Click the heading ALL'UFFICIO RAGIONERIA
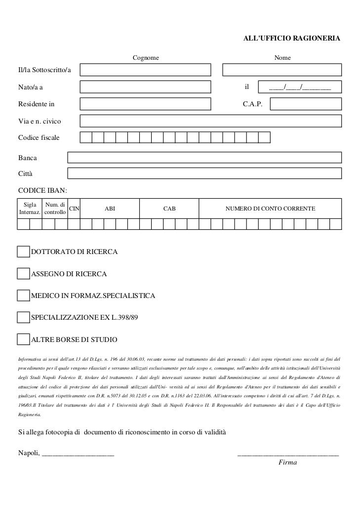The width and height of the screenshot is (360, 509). [x=292, y=38]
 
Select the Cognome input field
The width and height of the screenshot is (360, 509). [x=145, y=71]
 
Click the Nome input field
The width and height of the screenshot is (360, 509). [x=281, y=71]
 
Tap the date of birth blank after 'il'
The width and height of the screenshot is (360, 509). [x=299, y=88]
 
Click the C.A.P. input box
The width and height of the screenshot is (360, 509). [x=306, y=104]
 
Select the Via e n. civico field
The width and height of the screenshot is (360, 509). [x=210, y=121]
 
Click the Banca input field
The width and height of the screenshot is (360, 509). [x=204, y=158]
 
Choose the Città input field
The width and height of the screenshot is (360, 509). [x=204, y=173]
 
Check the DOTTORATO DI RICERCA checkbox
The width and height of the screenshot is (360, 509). [x=23, y=252]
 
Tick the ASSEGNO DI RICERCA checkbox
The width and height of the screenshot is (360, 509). [x=23, y=274]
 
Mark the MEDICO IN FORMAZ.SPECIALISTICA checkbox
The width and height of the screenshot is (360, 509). [x=23, y=296]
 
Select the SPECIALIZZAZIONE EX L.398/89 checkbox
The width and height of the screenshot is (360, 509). [x=23, y=317]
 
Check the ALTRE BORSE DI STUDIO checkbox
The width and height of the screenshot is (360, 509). [x=23, y=339]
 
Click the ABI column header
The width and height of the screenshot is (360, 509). [x=110, y=209]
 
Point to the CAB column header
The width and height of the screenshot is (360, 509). [x=169, y=209]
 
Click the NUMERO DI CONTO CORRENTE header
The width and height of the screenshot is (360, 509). [x=270, y=209]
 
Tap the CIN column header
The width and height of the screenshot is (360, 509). [x=74, y=209]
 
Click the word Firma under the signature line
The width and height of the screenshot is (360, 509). [x=288, y=463]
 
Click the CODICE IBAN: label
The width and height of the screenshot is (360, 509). [x=43, y=190]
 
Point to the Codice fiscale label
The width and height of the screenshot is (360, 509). [x=39, y=137]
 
